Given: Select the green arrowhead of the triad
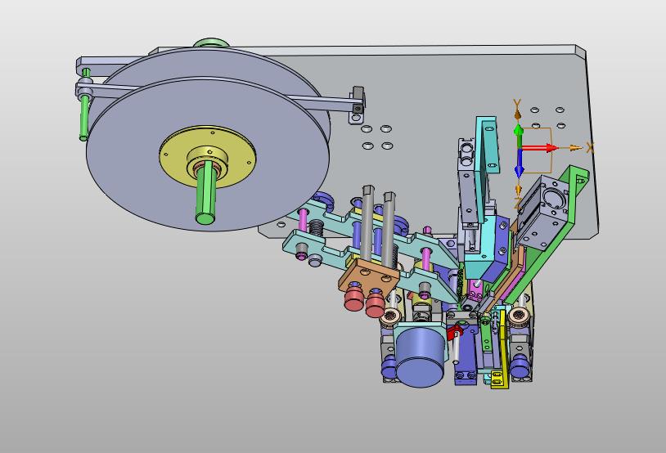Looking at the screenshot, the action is [518, 129].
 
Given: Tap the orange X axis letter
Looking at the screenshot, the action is [590, 147].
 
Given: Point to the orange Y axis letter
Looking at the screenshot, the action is [517, 104].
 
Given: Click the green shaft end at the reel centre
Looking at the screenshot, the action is [205, 218].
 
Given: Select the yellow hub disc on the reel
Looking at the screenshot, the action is [208, 157].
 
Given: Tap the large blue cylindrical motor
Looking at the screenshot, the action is [420, 357].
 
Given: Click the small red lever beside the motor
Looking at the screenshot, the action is [452, 331].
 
